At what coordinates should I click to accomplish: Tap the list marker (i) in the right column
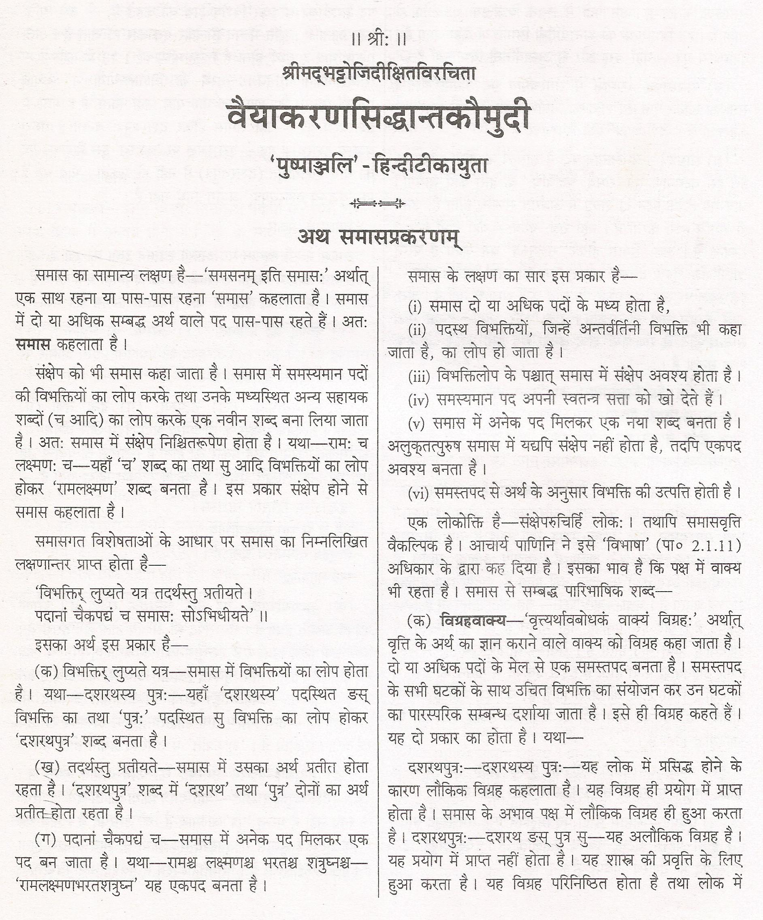415,307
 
